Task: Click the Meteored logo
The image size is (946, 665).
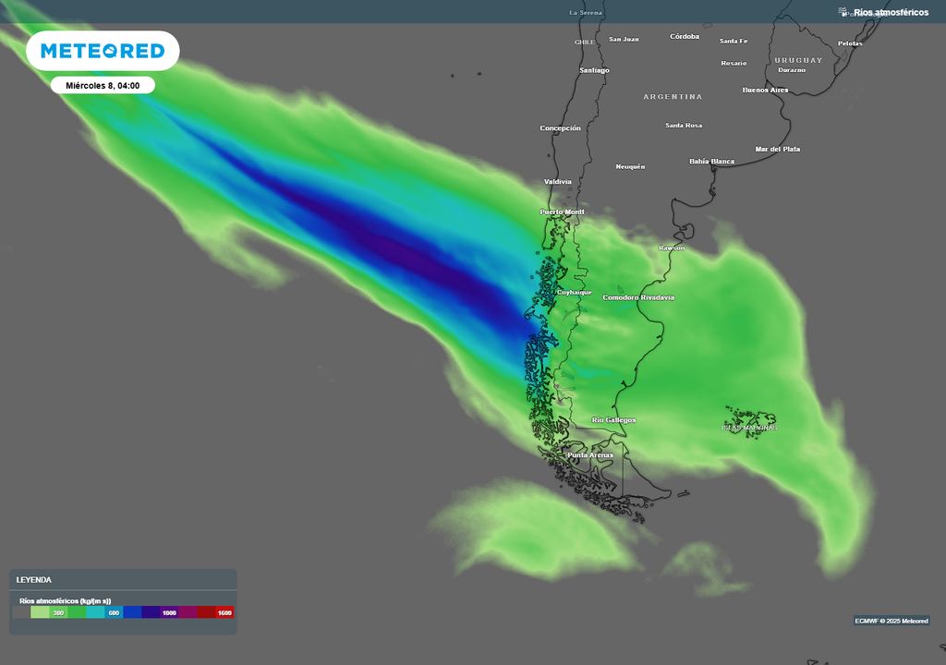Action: tap(103, 51)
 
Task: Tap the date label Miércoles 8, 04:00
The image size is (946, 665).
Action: tap(103, 85)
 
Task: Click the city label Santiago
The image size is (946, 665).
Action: tap(594, 70)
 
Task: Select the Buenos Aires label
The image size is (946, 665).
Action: tap(765, 91)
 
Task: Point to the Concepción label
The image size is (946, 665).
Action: tap(560, 128)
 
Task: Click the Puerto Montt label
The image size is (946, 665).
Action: tap(562, 212)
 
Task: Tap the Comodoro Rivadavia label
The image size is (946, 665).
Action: tap(638, 297)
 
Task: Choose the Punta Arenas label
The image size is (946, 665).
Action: tap(589, 455)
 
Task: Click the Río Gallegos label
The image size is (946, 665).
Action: tap(613, 420)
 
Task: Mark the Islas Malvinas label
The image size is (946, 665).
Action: tap(749, 428)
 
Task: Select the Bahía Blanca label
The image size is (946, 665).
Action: tap(711, 162)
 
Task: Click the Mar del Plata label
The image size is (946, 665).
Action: tap(777, 149)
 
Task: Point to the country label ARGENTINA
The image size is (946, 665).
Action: tap(673, 97)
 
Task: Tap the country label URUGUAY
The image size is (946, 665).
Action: tap(798, 60)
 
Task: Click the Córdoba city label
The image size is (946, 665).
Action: tap(685, 37)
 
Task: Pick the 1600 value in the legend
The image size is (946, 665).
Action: tap(224, 612)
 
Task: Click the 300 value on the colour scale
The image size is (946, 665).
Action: tap(58, 612)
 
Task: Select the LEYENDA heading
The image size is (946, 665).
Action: tap(34, 580)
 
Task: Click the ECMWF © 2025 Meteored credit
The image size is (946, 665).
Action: tap(891, 621)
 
